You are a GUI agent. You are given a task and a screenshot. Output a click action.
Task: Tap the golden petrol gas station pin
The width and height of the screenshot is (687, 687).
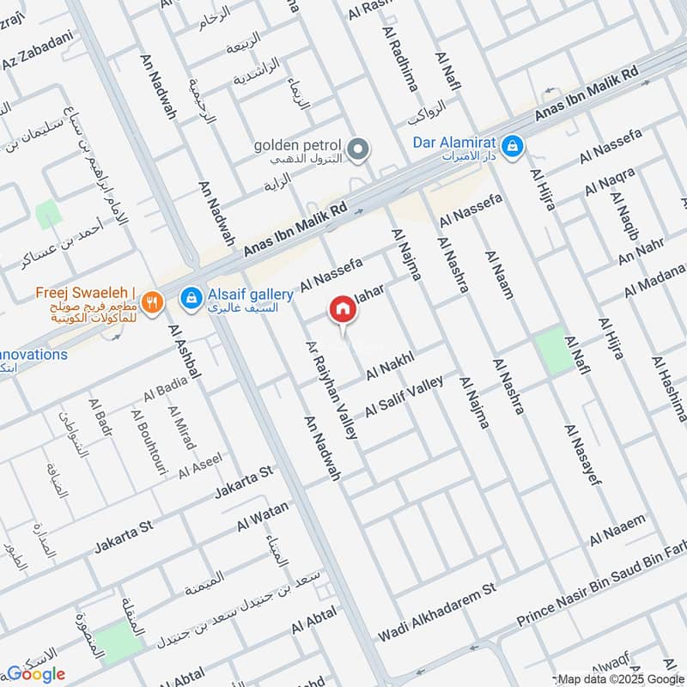tap(362, 149)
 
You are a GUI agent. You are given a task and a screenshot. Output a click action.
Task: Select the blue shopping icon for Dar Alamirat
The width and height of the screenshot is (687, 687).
tap(513, 146)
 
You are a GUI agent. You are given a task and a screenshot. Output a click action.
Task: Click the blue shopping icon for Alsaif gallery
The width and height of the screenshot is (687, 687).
tap(192, 298)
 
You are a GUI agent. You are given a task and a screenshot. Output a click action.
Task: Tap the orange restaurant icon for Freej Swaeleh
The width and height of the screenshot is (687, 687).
tap(152, 301)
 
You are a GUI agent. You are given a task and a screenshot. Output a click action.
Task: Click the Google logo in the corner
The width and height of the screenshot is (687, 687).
tap(37, 674)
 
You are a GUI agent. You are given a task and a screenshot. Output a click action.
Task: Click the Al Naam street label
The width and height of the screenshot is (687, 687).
tap(499, 275)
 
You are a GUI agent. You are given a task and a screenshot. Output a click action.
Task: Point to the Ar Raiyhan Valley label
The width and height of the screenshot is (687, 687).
tap(331, 390)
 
